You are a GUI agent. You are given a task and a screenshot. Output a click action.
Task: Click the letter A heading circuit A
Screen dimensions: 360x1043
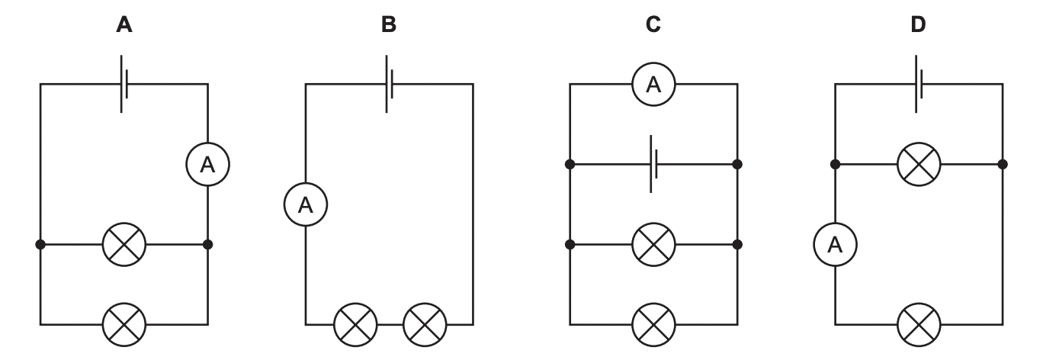pos(124,25)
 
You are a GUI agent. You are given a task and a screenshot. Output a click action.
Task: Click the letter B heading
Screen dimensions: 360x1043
pos(389,25)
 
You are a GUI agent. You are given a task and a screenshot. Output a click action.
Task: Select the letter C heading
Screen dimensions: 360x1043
pos(653,25)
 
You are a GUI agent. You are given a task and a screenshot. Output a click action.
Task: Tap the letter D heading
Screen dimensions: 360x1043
pos(918,25)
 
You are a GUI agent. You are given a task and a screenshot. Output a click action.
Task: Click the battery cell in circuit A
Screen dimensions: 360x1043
pos(124,84)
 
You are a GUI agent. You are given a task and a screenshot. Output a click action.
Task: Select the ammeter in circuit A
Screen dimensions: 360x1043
pos(207,164)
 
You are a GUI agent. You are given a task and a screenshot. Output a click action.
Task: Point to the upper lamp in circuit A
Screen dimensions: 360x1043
pos(124,245)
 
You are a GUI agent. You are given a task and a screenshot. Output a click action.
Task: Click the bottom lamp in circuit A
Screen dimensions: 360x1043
pos(124,324)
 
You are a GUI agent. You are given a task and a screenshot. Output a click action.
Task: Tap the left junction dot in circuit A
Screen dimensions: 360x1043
pos(40,245)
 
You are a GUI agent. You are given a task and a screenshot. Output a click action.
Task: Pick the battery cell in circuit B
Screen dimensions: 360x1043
pos(389,84)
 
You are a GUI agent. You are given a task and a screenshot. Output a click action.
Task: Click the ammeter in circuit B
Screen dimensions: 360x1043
pos(305,204)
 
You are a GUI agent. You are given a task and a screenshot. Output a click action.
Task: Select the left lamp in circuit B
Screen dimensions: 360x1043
pos(355,324)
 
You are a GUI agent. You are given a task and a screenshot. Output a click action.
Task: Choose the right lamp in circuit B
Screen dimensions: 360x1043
pos(424,324)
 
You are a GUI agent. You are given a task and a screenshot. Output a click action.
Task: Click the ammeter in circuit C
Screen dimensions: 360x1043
pos(653,85)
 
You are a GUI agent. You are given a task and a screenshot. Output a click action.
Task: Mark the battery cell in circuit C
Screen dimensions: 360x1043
pos(653,164)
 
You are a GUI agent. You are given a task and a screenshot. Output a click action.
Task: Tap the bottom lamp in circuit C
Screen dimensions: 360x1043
pos(653,324)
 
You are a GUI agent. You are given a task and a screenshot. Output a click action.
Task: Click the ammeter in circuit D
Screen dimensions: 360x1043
pos(835,245)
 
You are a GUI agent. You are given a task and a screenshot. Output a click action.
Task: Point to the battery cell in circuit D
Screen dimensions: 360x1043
pos(918,84)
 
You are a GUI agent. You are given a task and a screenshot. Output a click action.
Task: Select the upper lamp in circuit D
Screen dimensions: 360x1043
pos(919,164)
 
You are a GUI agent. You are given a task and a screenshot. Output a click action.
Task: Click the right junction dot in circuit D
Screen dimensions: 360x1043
pos(1003,164)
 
